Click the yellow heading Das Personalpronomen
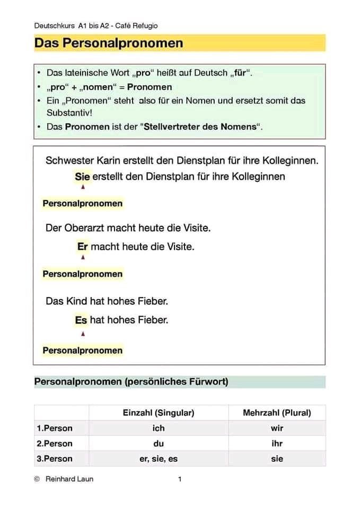109,43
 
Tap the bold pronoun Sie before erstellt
82,177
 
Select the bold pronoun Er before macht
82,247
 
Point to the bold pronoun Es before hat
81,320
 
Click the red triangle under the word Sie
83,187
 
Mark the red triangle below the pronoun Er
83,257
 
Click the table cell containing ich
159,428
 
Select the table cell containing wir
277,428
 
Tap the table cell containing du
159,443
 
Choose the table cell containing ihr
277,443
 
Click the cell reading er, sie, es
159,459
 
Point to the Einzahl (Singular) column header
159,413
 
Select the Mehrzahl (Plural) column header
277,413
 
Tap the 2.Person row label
55,443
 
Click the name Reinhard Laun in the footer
69,479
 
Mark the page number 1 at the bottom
180,479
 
